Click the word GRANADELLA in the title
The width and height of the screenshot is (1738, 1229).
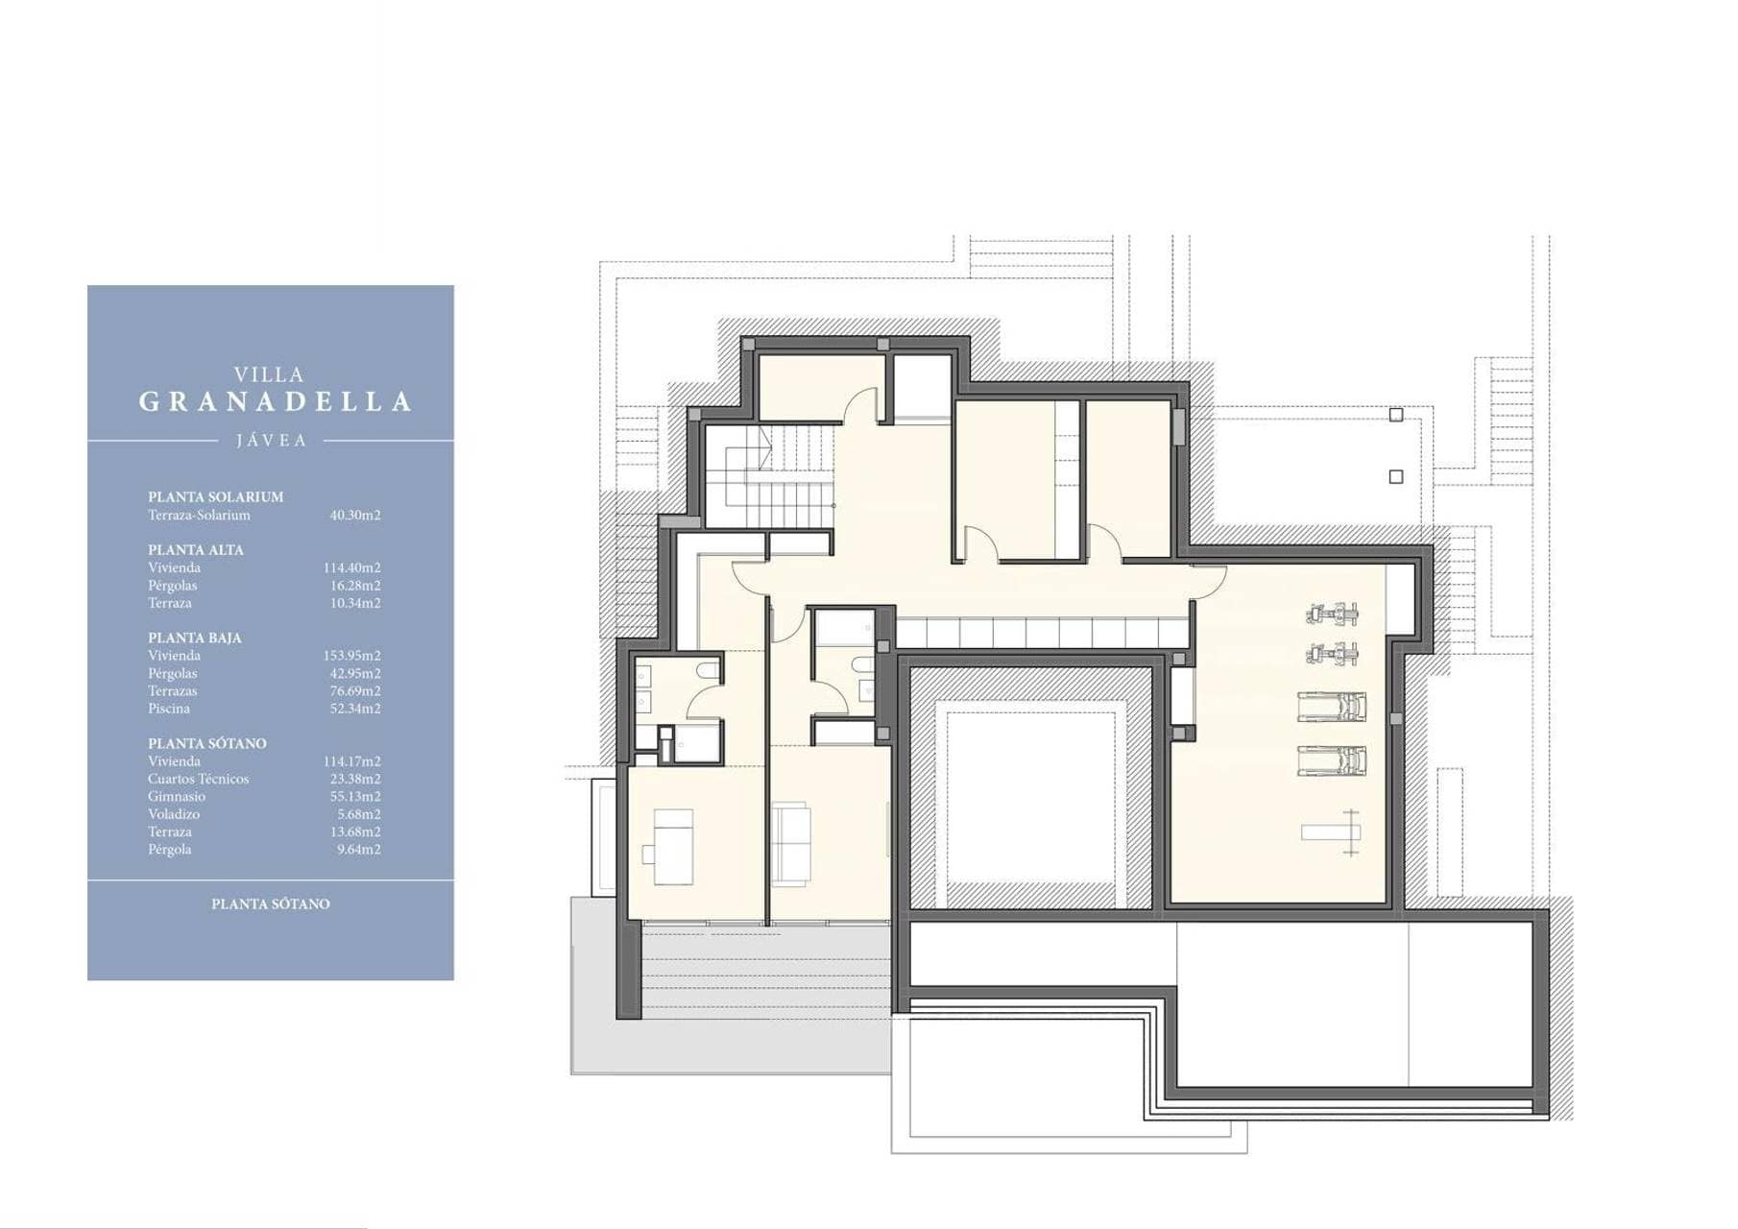276,401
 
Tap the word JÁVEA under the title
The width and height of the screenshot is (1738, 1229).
272,441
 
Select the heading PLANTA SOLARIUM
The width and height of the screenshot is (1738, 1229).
215,496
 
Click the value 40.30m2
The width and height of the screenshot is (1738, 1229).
355,515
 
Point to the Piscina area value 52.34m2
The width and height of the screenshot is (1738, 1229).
355,709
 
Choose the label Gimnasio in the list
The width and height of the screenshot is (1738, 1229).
177,796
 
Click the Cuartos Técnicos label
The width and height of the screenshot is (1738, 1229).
198,779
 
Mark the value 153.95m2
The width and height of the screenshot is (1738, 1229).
351,656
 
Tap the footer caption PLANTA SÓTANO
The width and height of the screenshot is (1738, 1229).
271,904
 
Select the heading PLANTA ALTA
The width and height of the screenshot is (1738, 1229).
196,550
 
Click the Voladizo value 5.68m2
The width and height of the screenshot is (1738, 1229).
359,814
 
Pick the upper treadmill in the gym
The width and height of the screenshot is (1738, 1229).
1332,707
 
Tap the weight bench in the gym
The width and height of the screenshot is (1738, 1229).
1332,832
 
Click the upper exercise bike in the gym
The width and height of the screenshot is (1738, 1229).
1333,612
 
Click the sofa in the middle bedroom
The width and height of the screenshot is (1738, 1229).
791,845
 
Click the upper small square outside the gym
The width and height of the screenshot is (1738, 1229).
1396,415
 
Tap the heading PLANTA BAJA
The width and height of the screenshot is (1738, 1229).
195,638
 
